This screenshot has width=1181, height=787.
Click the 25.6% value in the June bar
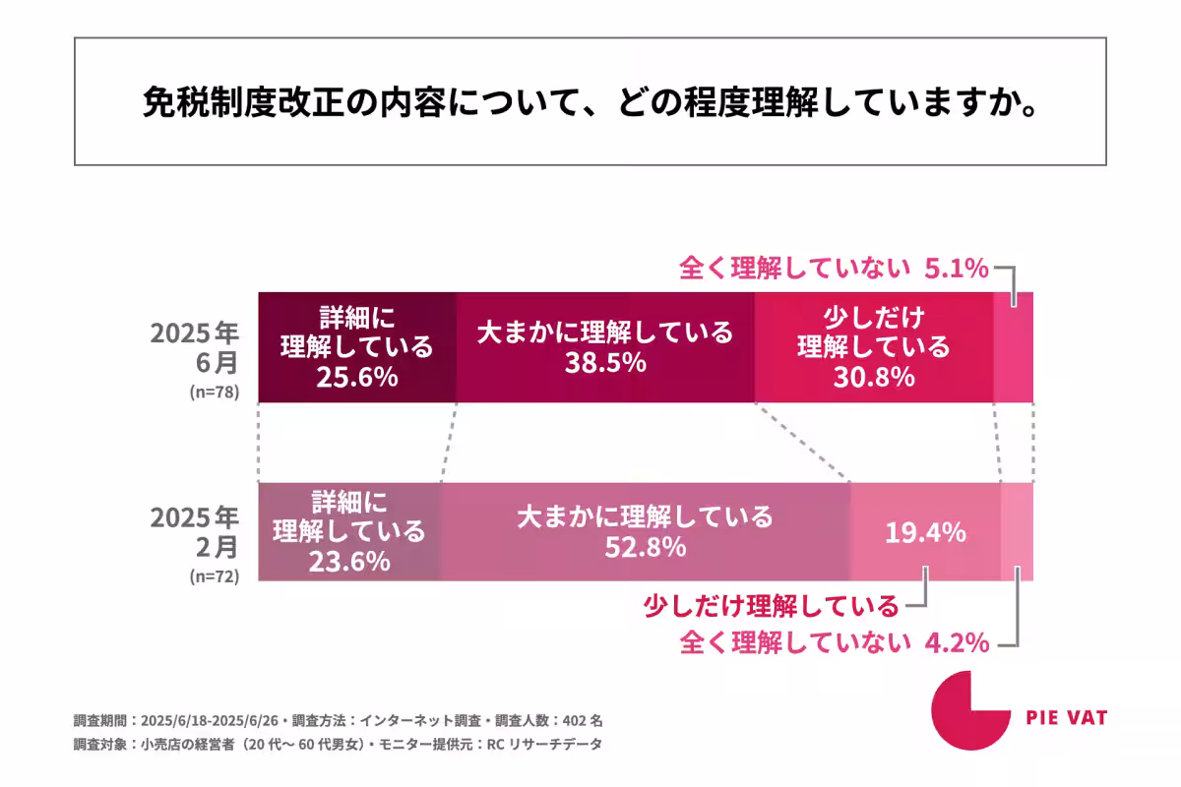click(356, 378)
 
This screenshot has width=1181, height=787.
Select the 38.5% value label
click(605, 363)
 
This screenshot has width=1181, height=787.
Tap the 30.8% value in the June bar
click(874, 378)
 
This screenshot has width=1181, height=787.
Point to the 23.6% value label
click(348, 563)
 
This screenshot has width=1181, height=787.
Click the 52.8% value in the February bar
click(645, 548)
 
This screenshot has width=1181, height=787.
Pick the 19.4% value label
click(925, 534)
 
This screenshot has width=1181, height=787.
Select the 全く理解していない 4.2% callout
click(834, 643)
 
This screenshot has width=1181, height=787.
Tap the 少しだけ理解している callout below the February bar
click(771, 605)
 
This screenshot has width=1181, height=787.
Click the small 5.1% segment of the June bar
click(1014, 346)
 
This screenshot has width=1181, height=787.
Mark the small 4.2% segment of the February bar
click(1017, 531)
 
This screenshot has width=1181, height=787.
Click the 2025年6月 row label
click(194, 347)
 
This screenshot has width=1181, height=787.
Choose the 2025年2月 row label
click(194, 531)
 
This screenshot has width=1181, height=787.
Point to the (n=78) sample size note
click(214, 392)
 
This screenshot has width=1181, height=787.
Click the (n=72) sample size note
click(214, 577)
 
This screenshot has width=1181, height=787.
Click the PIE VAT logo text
click(1066, 718)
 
